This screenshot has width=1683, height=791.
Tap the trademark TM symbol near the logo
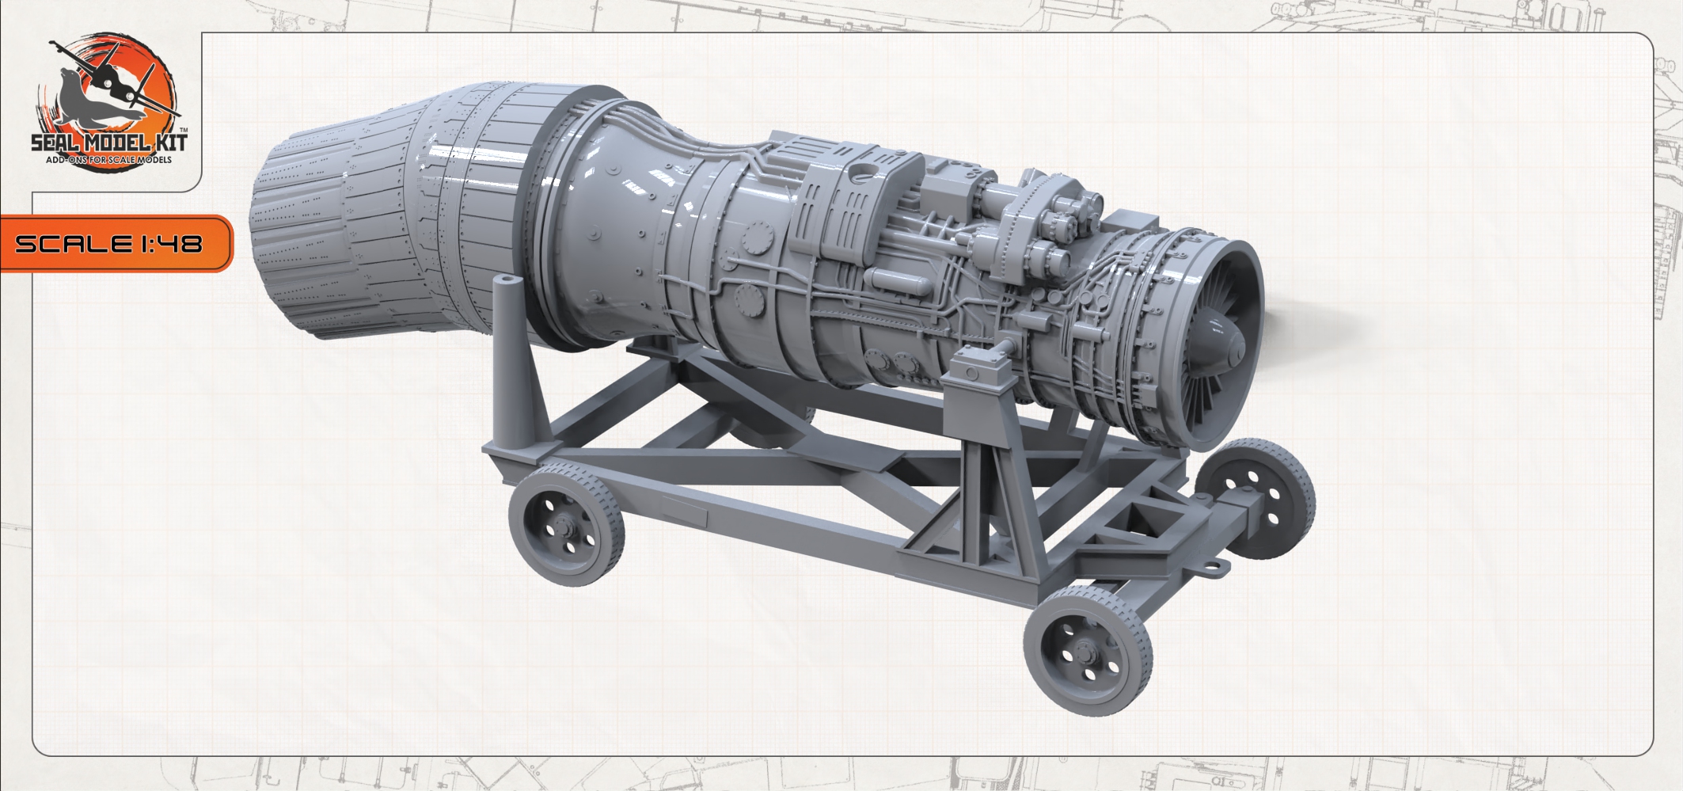[184, 128]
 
